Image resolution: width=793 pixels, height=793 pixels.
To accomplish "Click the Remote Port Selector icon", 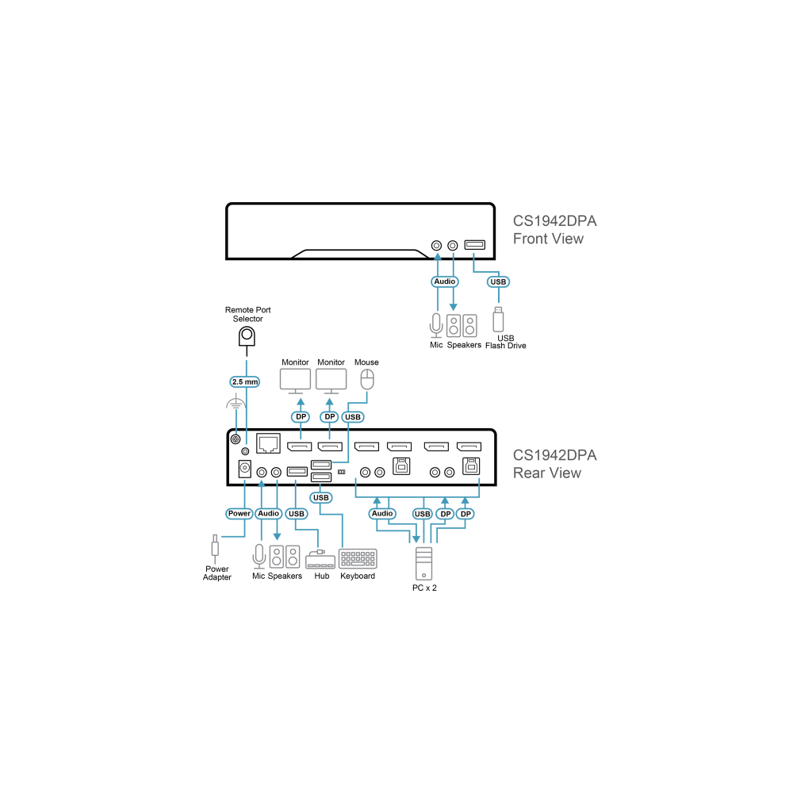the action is coord(247,337).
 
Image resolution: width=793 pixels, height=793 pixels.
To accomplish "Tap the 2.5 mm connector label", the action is coord(245,382).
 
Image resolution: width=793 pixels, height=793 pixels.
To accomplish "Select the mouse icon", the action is coord(367,379).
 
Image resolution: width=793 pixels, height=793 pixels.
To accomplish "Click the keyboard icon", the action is coord(358,559).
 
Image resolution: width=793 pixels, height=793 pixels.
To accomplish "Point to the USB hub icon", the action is coord(320,560).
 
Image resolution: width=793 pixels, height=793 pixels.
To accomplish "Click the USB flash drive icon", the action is coord(498,319).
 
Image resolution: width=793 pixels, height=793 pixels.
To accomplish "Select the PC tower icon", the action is coord(423,563).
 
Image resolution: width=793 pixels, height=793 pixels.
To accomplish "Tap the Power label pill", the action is coord(239,513).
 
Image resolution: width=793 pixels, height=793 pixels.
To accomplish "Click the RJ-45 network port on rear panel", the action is coord(268,443).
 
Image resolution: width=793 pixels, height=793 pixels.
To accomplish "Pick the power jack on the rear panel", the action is coord(245,469).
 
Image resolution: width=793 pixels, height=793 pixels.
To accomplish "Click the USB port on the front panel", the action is coord(475,245).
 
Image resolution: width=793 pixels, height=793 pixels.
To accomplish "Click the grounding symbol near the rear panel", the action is coord(236,404).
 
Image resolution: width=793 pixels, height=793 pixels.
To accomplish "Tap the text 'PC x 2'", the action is coord(424,588).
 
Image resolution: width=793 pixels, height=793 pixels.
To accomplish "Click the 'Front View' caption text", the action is coord(548,239).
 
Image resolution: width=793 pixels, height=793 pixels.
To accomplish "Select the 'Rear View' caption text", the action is coord(547,473).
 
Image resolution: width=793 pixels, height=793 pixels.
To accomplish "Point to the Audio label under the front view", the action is coord(445,282).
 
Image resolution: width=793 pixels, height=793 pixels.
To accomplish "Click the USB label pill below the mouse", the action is coord(353,417).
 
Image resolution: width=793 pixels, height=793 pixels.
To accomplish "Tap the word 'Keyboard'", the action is coord(358,576).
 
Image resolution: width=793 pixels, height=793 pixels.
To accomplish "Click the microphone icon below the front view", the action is coord(436,325).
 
